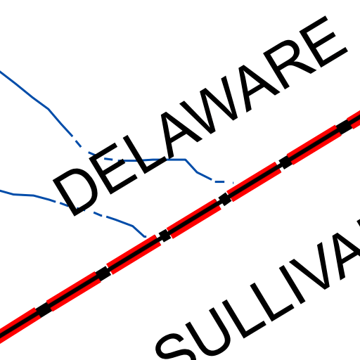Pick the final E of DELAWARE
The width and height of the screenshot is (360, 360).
click(x=323, y=42)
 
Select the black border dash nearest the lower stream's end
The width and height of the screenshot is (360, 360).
click(x=165, y=236)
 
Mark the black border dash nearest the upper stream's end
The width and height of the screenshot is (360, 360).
click(x=225, y=200)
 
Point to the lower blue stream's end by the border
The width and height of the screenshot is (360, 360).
click(x=146, y=237)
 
